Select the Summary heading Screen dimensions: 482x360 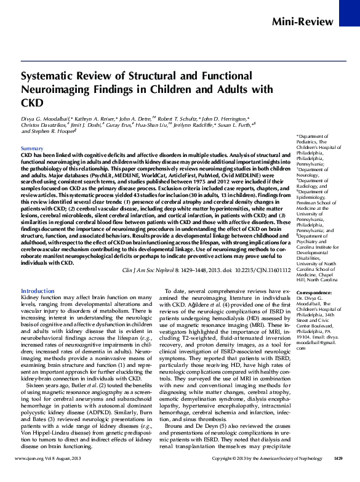tap(32, 149)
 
